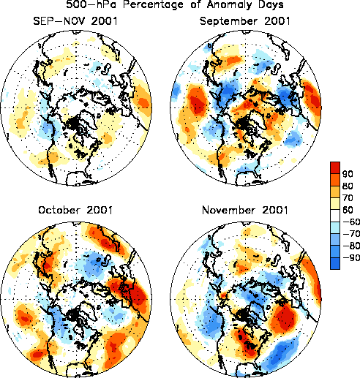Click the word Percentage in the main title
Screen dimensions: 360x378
(153, 4)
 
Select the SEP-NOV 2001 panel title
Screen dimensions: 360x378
(75, 21)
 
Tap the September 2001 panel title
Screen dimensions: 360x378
(245, 21)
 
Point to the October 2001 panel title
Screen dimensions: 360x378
(75, 210)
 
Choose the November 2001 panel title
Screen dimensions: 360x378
(245, 210)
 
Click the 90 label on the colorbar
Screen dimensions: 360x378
(348, 174)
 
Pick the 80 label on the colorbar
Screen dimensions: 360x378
(348, 186)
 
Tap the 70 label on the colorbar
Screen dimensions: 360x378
(348, 198)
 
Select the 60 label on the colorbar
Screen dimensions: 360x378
(348, 210)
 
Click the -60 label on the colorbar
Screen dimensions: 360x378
(351, 222)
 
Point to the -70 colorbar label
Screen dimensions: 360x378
(351, 234)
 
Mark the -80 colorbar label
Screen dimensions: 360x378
(351, 246)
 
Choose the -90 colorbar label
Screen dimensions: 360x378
(351, 258)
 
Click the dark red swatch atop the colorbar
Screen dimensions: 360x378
(335, 167)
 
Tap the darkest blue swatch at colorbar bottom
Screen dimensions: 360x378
(335, 263)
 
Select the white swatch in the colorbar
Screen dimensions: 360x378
(335, 216)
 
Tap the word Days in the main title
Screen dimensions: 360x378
(271, 4)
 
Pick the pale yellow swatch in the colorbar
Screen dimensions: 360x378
(335, 204)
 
